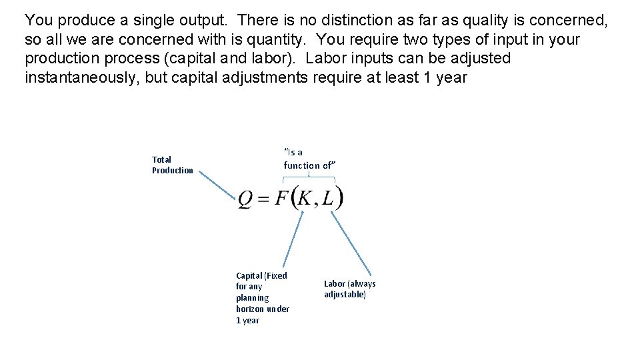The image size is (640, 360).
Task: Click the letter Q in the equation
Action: (245, 199)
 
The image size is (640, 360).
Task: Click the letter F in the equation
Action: (281, 198)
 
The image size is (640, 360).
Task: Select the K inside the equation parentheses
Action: (305, 198)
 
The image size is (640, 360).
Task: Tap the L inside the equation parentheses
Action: (329, 198)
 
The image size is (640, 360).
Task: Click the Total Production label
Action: (172, 165)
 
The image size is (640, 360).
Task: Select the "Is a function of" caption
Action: (307, 159)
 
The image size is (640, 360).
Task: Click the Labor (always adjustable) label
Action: (349, 289)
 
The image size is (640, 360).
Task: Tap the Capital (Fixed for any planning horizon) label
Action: (262, 297)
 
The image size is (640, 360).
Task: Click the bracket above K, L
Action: (309, 178)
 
